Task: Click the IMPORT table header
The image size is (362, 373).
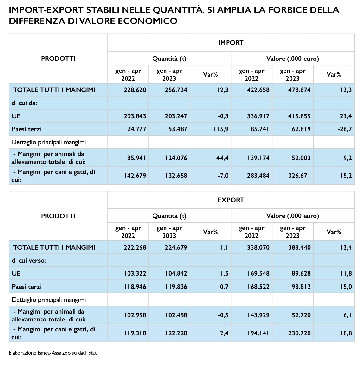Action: (231, 43)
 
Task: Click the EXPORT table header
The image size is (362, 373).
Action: (231, 200)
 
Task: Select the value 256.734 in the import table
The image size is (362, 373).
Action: (176, 90)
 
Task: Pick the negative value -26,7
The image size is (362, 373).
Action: (344, 129)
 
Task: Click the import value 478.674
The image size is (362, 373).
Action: (299, 90)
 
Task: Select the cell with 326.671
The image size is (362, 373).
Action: (299, 176)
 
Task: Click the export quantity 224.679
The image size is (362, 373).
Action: (176, 247)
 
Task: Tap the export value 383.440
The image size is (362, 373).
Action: (299, 247)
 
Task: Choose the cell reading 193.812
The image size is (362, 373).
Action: (299, 287)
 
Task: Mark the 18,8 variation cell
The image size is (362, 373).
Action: (346, 333)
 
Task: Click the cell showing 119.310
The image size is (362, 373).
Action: (135, 333)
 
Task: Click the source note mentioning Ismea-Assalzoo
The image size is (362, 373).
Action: (53, 353)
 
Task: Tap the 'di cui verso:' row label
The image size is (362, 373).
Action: (29, 260)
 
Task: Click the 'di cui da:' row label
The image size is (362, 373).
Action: (24, 103)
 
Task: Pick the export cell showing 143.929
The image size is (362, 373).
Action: (258, 315)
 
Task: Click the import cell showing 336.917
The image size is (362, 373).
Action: (258, 116)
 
